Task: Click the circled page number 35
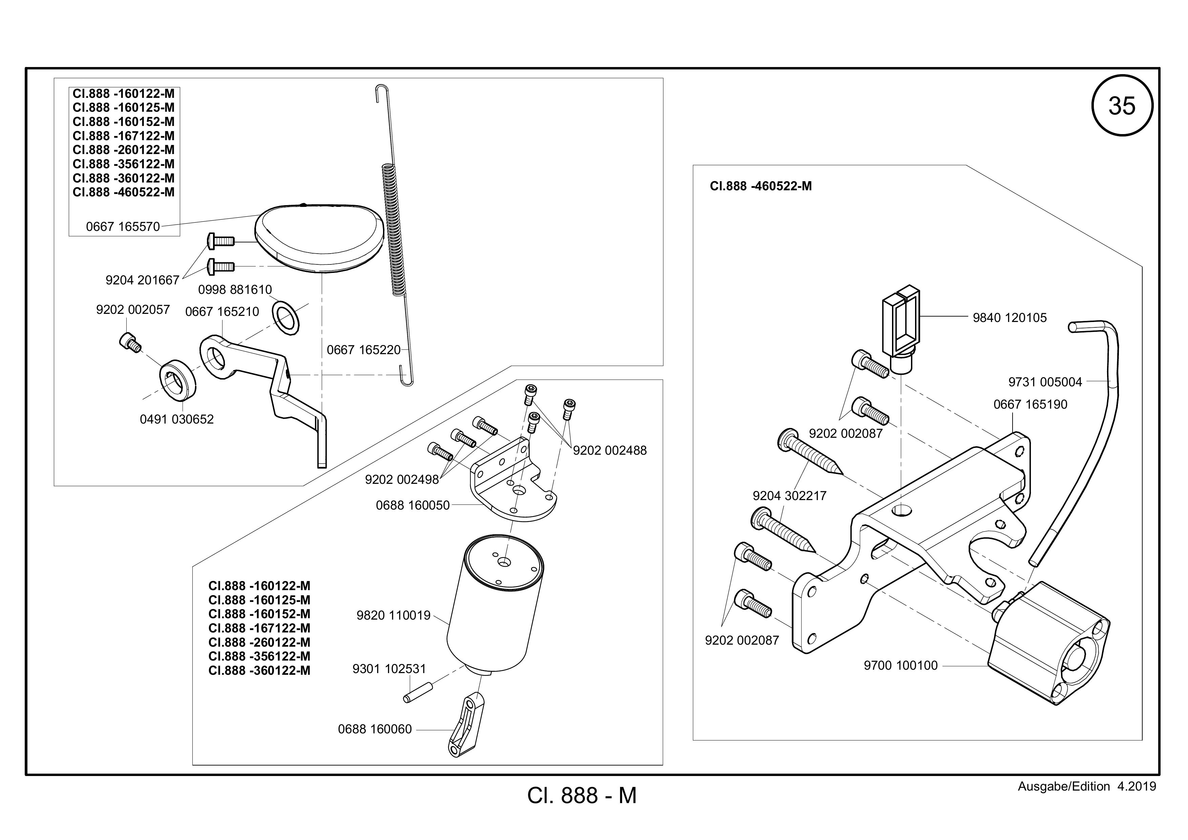[x=1122, y=106]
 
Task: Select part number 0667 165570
[x=123, y=227]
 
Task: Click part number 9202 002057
[x=133, y=309]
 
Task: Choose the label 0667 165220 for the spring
[x=364, y=350]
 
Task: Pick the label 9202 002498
[x=402, y=479]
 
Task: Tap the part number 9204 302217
[x=790, y=496]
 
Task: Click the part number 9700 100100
[x=901, y=665]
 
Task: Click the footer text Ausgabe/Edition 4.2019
[x=1087, y=787]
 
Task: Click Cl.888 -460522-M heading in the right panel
[x=761, y=186]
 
